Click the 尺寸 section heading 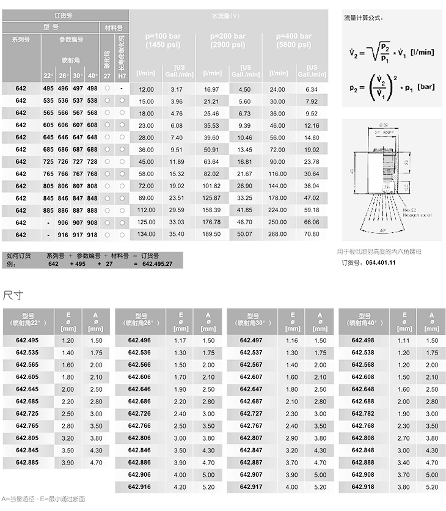click(13, 295)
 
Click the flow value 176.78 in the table click(211, 222)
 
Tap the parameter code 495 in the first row click(48, 89)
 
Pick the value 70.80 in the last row click(312, 234)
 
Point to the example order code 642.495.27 click(157, 264)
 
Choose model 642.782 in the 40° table click(364, 414)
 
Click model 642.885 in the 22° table click(27, 463)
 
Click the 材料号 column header click(114, 28)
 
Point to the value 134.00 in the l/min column click(146, 234)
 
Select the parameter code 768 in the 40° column click(92, 174)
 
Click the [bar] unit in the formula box click(425, 87)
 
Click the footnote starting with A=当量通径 click(43, 499)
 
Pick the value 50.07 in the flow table click(244, 234)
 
